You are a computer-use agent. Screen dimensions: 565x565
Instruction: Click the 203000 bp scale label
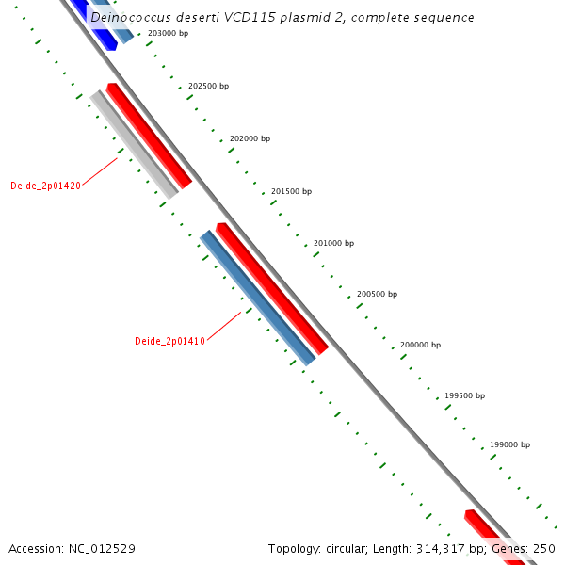pos(168,33)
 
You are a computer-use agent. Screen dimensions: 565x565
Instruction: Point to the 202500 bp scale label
pos(208,86)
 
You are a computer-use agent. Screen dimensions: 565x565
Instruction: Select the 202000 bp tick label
pos(250,138)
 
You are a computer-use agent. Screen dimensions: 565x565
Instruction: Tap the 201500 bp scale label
pos(291,191)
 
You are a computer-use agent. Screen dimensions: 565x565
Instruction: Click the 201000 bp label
pos(333,243)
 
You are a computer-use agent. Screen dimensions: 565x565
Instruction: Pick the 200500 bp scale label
pos(377,295)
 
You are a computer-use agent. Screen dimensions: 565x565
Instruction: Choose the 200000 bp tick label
pos(420,345)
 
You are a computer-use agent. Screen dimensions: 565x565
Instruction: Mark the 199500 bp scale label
pos(464,395)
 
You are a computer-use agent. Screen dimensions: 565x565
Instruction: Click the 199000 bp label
pos(509,444)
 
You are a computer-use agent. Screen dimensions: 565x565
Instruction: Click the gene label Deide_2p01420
pos(45,186)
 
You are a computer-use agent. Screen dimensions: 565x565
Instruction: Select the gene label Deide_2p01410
pos(169,341)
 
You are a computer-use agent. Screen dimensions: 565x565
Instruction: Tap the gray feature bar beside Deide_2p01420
pos(134,143)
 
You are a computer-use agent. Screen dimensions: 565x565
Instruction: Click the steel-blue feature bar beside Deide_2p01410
pos(257,297)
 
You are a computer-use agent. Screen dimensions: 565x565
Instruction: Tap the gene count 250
pos(544,548)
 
